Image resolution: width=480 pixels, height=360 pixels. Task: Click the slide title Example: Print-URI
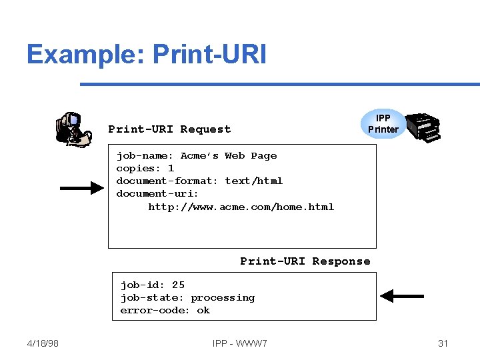pos(146,54)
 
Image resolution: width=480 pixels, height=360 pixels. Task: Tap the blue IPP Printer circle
pos(383,124)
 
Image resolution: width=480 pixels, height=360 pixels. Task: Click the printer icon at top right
pos(423,126)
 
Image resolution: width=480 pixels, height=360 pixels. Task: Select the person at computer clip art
pos(73,129)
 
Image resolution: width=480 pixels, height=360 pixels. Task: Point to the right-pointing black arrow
pos(81,189)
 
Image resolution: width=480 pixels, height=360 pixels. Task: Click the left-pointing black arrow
pos(402,295)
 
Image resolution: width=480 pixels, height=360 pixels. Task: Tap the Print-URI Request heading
pos(169,129)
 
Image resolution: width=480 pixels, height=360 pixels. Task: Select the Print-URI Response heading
pos(305,261)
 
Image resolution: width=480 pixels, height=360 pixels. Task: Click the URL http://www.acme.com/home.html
pos(241,207)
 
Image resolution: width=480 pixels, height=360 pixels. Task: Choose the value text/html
pos(253,181)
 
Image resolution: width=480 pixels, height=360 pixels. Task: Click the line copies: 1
pos(145,169)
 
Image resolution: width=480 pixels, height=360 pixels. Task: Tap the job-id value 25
pos(178,285)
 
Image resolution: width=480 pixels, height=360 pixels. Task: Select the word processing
pos(223,298)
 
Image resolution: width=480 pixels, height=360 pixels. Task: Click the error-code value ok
pos(203,311)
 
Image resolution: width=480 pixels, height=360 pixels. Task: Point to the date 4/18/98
pos(43,343)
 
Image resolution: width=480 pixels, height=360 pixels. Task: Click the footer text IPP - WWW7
pos(240,343)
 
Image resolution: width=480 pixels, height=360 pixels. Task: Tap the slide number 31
pos(443,343)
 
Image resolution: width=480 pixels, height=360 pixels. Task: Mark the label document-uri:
pos(157,194)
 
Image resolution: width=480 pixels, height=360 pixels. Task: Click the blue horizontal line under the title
pos(280,85)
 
